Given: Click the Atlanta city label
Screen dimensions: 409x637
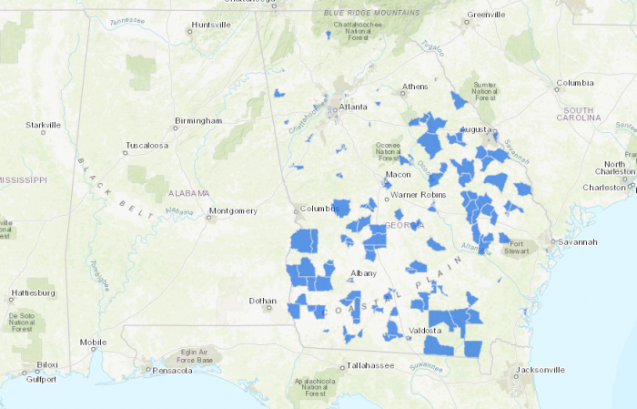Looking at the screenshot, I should pos(353,107).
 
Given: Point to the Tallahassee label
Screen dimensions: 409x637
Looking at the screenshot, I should pos(369,365).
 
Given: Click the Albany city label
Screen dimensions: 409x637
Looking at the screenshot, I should pos(366,272).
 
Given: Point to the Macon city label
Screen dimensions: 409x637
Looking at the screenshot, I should pos(398,174).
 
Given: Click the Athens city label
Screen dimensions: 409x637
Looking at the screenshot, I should pos(415,87).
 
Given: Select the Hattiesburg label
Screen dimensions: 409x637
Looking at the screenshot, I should pos(33,292).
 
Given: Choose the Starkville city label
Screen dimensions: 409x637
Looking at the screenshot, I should pos(43,124).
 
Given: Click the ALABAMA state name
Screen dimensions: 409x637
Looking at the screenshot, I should pos(189,193).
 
